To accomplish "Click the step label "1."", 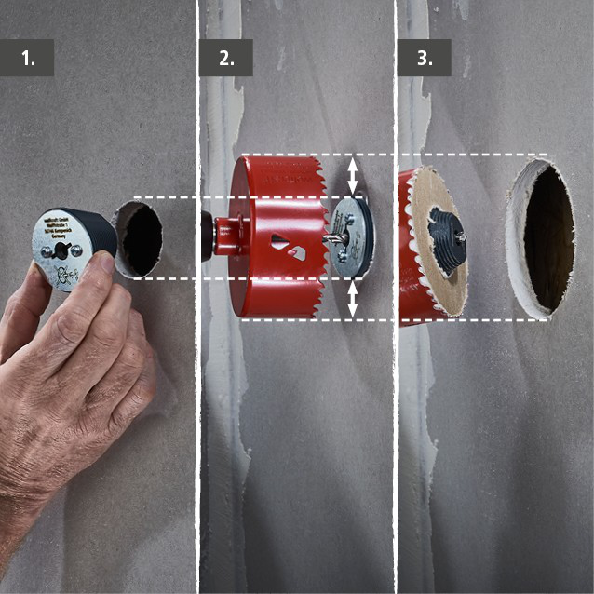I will click(29, 58).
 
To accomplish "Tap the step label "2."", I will click(226, 58).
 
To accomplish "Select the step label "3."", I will click(424, 58).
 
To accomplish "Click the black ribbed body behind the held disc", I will click(99, 232).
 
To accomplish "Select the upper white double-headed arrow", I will click(352, 174).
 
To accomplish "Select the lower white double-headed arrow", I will click(352, 299).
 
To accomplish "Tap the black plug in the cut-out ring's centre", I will click(447, 238).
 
